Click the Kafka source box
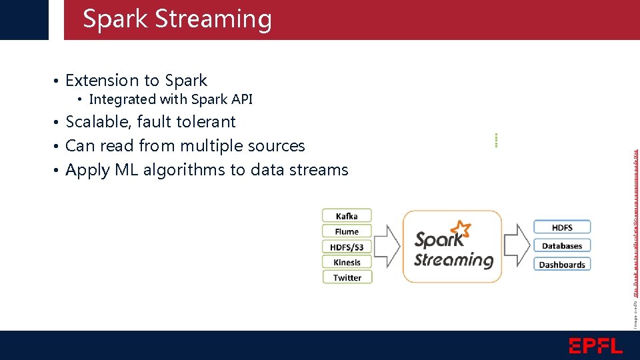pyautogui.click(x=347, y=216)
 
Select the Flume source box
pyautogui.click(x=347, y=231)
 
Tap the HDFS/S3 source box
pyautogui.click(x=347, y=247)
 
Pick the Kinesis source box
pyautogui.click(x=347, y=262)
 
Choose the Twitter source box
pyautogui.click(x=347, y=277)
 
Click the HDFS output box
pyautogui.click(x=562, y=227)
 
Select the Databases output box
pyautogui.click(x=562, y=246)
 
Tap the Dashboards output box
pyautogui.click(x=562, y=265)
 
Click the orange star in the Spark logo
pyautogui.click(x=460, y=231)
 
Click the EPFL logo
pyautogui.click(x=595, y=345)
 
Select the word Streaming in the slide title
pyautogui.click(x=213, y=19)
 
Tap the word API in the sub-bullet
pyautogui.click(x=241, y=100)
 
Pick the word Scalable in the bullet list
pyautogui.click(x=99, y=122)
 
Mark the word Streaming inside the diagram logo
pyautogui.click(x=453, y=259)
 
